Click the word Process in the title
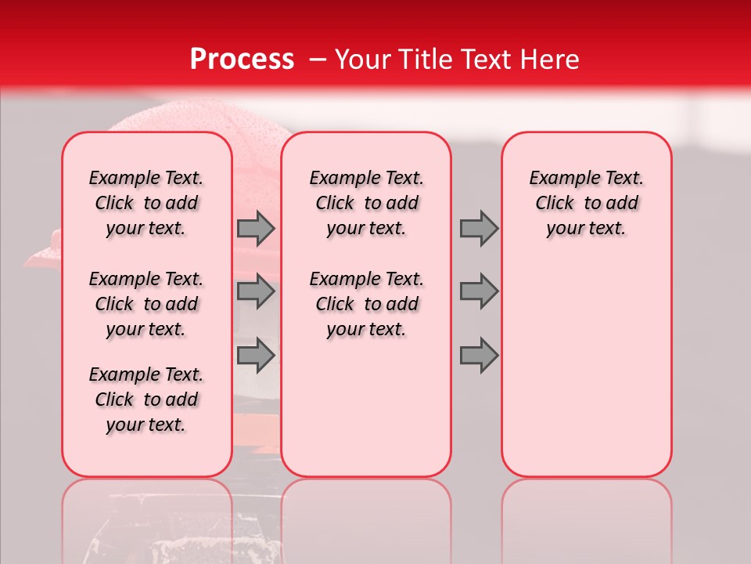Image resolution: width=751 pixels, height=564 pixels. coord(242,59)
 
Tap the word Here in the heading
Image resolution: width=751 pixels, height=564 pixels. coord(548,59)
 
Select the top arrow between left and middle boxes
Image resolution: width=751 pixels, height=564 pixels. coord(256,229)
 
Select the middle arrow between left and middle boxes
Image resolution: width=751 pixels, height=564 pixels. coord(256,292)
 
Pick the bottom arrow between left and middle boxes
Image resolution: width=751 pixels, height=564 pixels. coord(256,355)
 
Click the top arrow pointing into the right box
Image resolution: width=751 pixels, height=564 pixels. coord(479,229)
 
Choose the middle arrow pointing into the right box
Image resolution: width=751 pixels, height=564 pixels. coord(479,292)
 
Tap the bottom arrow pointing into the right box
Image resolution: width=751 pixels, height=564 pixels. coord(479,355)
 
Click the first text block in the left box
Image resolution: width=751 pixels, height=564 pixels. coord(146,203)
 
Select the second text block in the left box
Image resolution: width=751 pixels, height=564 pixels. coord(146,304)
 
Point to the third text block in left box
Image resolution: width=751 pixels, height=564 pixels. coord(146,399)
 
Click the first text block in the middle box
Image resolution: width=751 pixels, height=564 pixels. coord(366,203)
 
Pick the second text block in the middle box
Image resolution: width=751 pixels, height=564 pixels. coord(366,304)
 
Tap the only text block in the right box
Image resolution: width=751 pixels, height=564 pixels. coord(586,203)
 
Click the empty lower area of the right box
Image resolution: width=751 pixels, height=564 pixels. coord(586,368)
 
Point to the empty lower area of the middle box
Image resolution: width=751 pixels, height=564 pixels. coord(366,407)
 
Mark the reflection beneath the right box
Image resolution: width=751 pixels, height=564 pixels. coord(586,517)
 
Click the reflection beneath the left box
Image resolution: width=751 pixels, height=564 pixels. coord(146,517)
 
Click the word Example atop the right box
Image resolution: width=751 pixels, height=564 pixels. coord(559,178)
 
